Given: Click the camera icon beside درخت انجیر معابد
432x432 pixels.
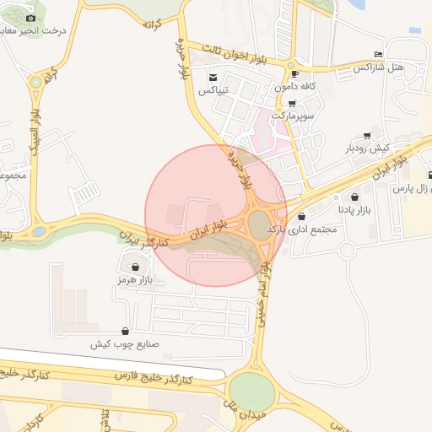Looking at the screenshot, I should [x=31, y=18].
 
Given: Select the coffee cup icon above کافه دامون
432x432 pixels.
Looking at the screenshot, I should [x=294, y=73].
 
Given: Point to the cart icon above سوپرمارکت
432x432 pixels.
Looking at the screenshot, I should [x=292, y=103].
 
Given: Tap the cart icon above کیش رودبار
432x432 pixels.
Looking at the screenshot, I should [x=367, y=135].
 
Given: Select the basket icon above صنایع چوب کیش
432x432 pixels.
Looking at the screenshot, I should [x=126, y=331].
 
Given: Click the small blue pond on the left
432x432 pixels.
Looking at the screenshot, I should [x=39, y=230].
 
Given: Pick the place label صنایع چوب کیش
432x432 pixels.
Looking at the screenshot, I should [x=124, y=344].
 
